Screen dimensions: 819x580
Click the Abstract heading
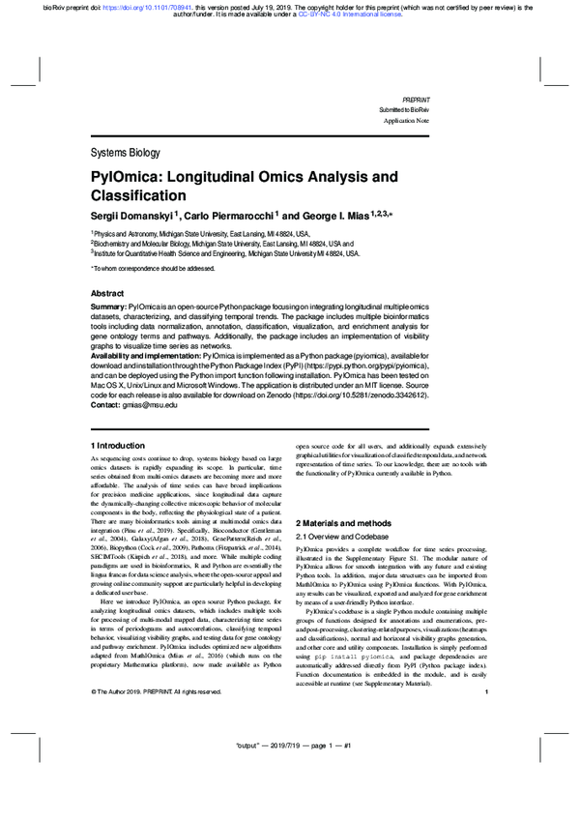106,293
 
